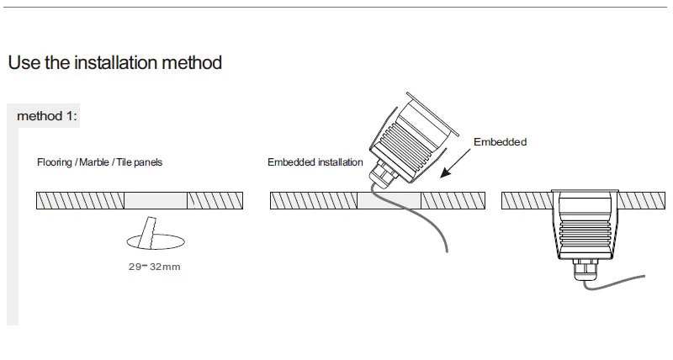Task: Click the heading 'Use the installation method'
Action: click(x=115, y=62)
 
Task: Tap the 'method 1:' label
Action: click(x=47, y=116)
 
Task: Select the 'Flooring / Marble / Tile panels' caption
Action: click(x=99, y=162)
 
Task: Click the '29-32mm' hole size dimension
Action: click(x=155, y=267)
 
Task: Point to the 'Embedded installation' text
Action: click(x=315, y=162)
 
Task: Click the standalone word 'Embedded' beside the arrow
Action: click(x=500, y=142)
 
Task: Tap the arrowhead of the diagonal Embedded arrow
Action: click(x=445, y=173)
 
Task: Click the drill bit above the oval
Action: click(x=148, y=231)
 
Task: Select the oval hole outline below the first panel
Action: click(x=156, y=241)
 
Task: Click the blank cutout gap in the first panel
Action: click(x=156, y=200)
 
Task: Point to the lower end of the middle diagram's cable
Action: click(x=447, y=251)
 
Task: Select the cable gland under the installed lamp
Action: click(x=585, y=269)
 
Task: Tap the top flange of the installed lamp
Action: click(x=585, y=191)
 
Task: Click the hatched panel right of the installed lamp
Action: click(x=642, y=200)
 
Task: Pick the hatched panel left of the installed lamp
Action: click(x=527, y=200)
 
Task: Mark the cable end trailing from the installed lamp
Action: click(x=644, y=277)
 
